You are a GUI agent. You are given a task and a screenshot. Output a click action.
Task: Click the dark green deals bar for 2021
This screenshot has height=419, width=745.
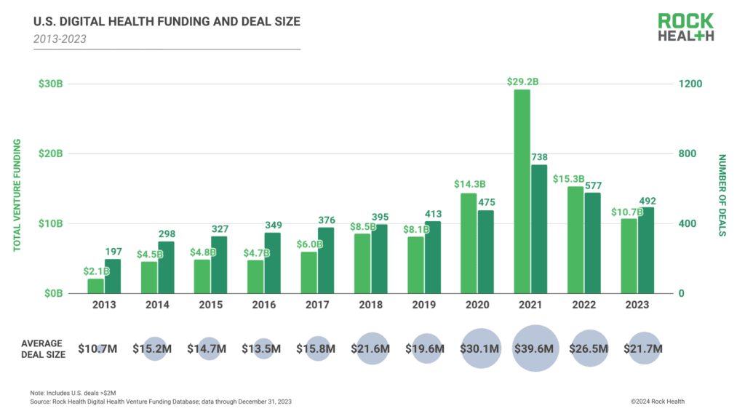pos(539,228)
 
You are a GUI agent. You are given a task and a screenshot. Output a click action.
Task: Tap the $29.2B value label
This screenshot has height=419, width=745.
pos(522,82)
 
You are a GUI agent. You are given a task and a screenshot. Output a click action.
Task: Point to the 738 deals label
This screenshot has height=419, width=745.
pos(540,156)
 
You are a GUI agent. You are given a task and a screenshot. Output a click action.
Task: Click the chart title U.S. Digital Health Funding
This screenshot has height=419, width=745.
pos(167,22)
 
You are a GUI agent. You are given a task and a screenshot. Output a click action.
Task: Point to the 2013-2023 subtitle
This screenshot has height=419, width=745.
pos(60,39)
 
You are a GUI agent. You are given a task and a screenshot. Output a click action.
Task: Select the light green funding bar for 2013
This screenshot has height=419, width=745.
pos(96,286)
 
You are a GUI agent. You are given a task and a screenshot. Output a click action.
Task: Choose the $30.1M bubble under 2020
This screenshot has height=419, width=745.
pos(481,348)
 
